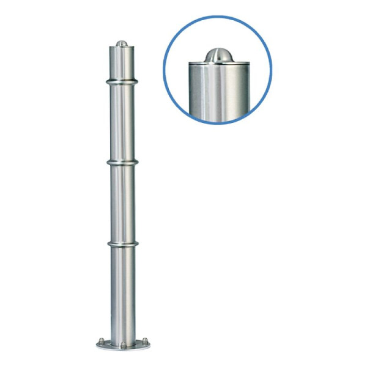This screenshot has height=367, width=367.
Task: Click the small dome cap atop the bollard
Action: (x=122, y=43)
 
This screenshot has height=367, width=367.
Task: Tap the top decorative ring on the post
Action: (x=122, y=81)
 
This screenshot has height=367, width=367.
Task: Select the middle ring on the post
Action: (x=122, y=163)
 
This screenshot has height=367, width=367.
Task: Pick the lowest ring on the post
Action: (x=122, y=244)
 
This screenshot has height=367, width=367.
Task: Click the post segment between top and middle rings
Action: (x=122, y=122)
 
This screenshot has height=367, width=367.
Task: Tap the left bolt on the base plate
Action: (x=102, y=341)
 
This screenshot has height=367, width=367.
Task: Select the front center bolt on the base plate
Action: (x=122, y=347)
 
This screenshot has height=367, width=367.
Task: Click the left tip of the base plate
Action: (x=97, y=344)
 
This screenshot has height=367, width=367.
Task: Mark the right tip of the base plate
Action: (x=149, y=344)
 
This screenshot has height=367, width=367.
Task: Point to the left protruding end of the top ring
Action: (x=106, y=81)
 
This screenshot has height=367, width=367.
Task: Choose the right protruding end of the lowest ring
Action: (x=138, y=244)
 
